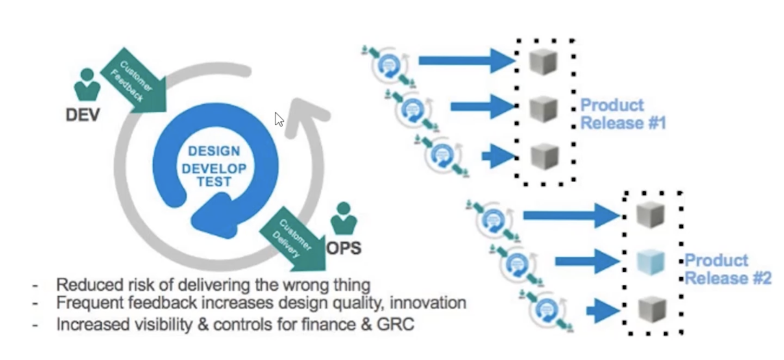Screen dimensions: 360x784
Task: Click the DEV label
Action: click(x=83, y=115)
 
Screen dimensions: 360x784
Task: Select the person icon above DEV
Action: click(x=87, y=84)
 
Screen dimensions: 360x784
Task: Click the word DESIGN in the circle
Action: click(x=214, y=151)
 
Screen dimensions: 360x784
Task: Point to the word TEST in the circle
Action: click(x=214, y=182)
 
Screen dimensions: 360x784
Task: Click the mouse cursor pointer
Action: click(x=279, y=119)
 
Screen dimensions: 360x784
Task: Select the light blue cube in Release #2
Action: click(x=651, y=263)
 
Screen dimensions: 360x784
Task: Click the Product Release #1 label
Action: click(x=623, y=114)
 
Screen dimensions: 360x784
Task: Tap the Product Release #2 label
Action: click(x=727, y=269)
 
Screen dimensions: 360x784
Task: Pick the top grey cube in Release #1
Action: click(x=543, y=61)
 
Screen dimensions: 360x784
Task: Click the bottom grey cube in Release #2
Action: click(x=651, y=309)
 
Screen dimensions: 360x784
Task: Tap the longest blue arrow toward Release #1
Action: click(x=465, y=60)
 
